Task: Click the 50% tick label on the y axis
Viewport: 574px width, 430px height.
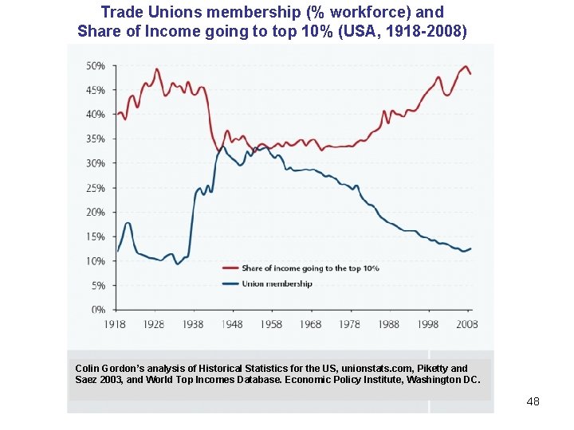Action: point(96,65)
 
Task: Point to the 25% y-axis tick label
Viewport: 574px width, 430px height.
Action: point(96,188)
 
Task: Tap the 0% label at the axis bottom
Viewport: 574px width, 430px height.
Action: point(98,309)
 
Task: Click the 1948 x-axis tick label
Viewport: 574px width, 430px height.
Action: point(233,324)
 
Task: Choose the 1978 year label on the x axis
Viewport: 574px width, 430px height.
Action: point(350,324)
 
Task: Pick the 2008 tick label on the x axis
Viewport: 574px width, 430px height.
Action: point(467,324)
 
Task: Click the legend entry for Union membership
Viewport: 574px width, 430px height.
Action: point(277,283)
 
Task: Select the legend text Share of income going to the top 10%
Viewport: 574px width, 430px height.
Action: point(310,268)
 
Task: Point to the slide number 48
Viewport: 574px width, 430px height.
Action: point(533,401)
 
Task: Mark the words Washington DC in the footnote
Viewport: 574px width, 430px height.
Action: point(442,380)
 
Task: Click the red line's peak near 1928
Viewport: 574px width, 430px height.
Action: point(156,69)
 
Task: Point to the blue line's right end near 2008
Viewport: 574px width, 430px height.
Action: point(470,248)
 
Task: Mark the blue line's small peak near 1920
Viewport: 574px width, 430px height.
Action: point(128,224)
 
